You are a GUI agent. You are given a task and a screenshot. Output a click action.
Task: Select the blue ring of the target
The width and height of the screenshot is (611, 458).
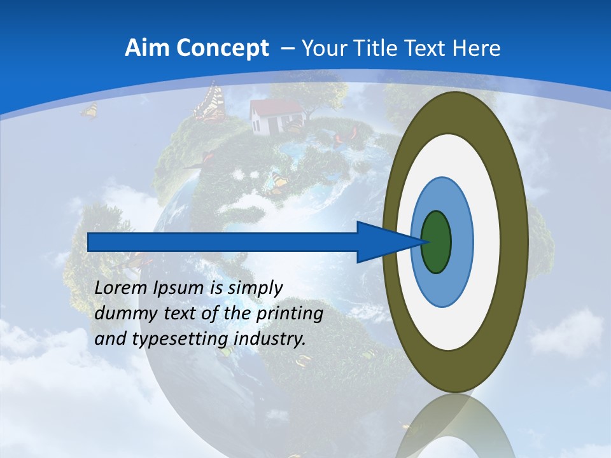tap(461, 242)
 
